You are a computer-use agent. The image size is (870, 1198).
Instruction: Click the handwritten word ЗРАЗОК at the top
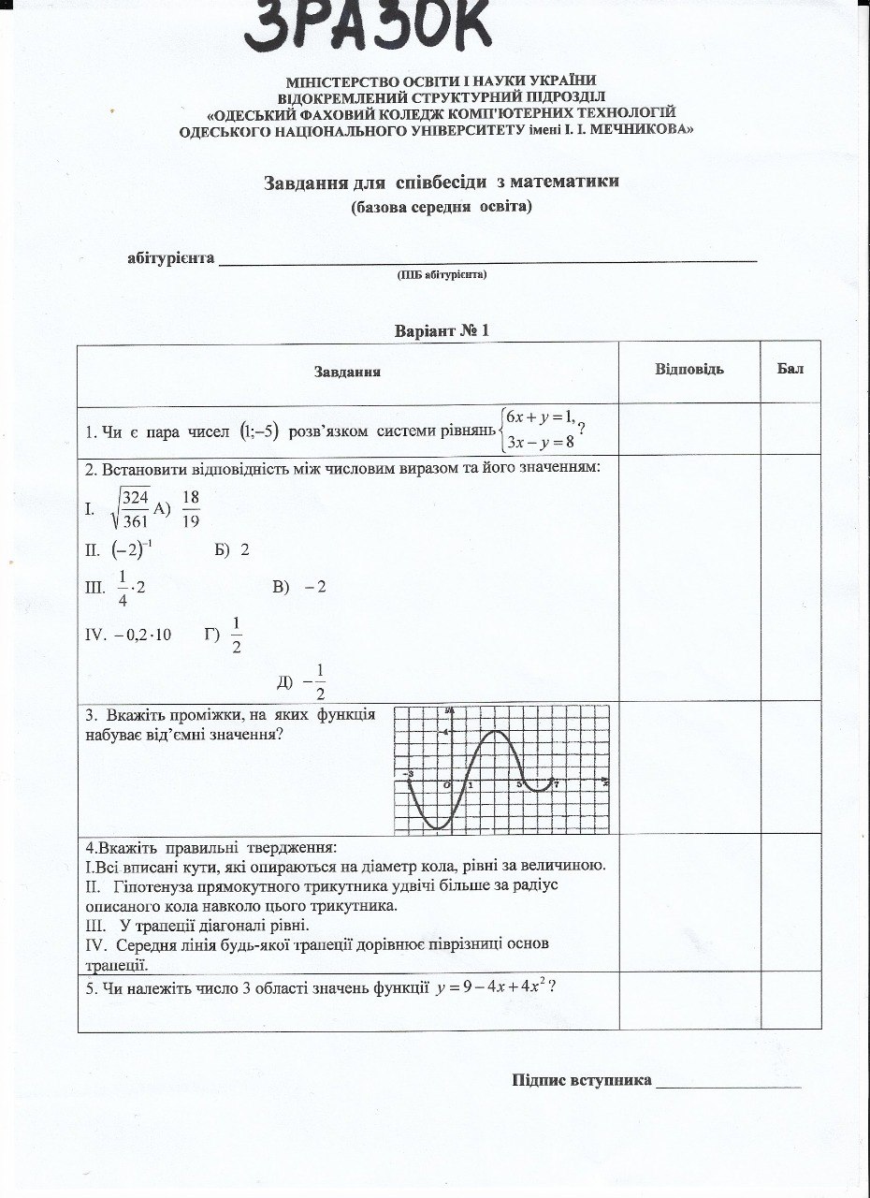(369, 28)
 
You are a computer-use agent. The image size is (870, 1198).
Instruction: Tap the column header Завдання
(346, 373)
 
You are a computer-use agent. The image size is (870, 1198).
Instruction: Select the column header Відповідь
(689, 369)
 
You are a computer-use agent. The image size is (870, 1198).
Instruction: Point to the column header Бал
(790, 369)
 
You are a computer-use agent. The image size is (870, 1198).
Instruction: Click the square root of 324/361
(131, 509)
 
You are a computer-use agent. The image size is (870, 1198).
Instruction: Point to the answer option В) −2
(298, 587)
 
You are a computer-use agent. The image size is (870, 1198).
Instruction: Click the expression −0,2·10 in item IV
(142, 635)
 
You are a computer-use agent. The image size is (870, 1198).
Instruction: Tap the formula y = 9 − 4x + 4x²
(493, 988)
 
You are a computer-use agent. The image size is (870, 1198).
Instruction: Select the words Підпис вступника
(581, 1080)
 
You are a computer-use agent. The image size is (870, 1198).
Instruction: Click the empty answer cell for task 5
(689, 1001)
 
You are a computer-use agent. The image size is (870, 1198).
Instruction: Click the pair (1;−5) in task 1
(259, 431)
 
